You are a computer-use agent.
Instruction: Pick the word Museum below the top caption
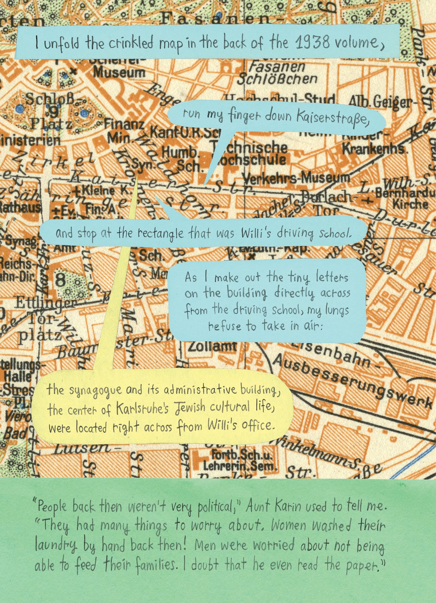119,72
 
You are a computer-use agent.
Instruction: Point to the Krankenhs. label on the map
373,149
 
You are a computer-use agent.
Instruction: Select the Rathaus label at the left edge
20,208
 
